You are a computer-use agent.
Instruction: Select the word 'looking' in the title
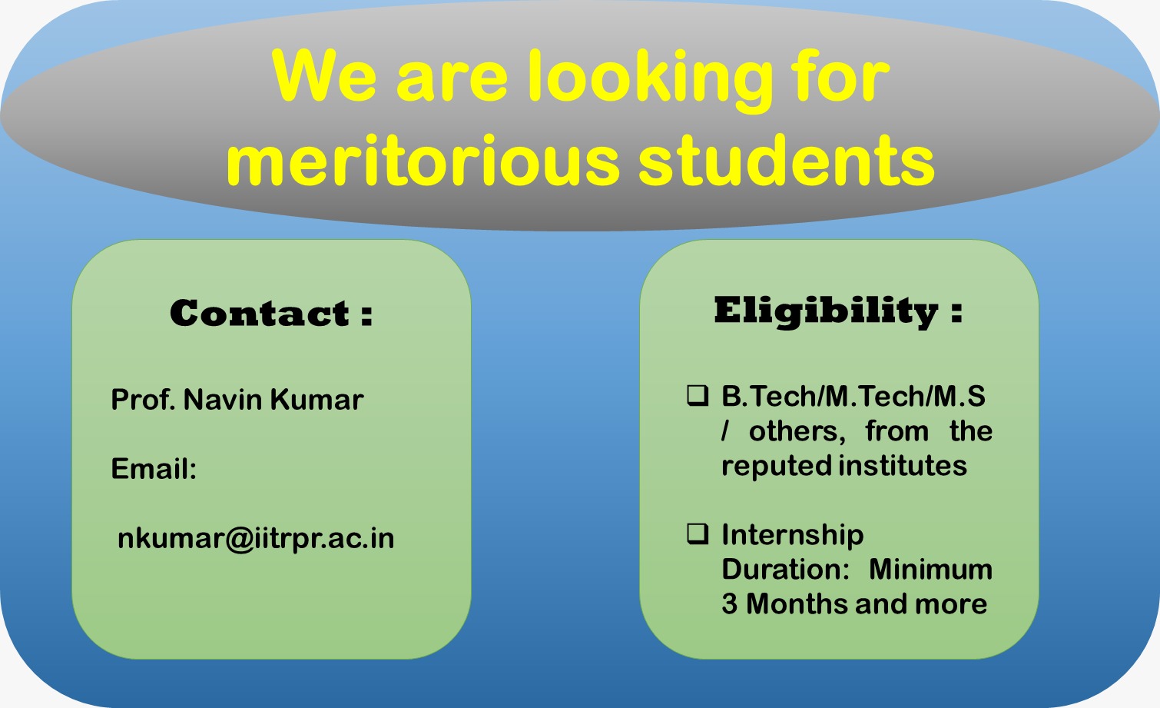coord(650,81)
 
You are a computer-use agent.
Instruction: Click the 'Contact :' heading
coord(271,313)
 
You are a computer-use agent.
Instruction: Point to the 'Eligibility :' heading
coord(838,311)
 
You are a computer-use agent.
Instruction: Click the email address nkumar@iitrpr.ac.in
coord(256,539)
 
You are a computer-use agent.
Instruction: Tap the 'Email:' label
coord(154,469)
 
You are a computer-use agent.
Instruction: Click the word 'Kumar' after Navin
coord(317,400)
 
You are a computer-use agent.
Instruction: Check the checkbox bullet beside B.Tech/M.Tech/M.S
coord(698,395)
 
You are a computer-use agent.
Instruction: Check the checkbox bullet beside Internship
coord(698,533)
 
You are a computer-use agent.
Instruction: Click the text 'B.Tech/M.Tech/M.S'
coord(853,397)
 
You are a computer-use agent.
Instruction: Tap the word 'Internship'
coord(793,535)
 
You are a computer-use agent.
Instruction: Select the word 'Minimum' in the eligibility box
coord(930,570)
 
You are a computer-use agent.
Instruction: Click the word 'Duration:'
coord(786,570)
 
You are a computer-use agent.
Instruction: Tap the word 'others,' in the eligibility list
coord(797,432)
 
